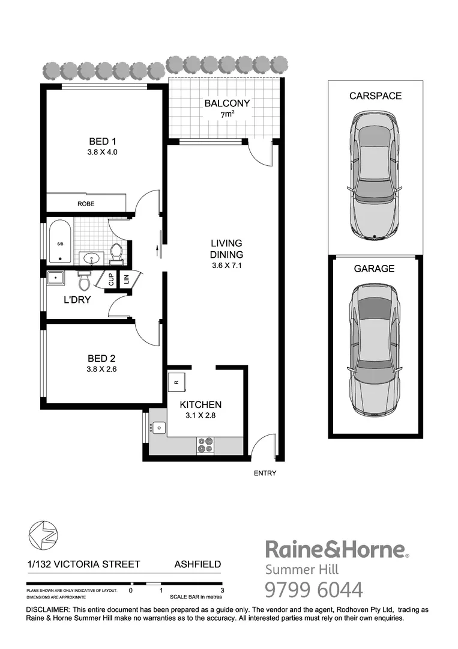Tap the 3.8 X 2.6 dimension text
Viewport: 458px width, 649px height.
point(101,370)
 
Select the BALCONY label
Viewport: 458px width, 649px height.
point(226,103)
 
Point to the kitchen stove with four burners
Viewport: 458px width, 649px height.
point(205,445)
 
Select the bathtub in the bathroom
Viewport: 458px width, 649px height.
point(60,242)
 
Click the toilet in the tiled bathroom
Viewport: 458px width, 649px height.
point(116,253)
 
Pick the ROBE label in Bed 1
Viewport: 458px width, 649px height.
point(86,204)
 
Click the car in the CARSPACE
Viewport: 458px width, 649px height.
point(375,177)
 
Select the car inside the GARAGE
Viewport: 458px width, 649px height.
point(375,350)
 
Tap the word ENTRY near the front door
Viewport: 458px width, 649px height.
point(265,474)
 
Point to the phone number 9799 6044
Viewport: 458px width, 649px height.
point(314,590)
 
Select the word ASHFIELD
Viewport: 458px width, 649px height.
point(197,564)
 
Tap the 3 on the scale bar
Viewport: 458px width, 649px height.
point(222,591)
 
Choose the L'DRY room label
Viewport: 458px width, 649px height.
point(78,299)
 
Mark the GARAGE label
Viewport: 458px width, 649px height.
point(374,269)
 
